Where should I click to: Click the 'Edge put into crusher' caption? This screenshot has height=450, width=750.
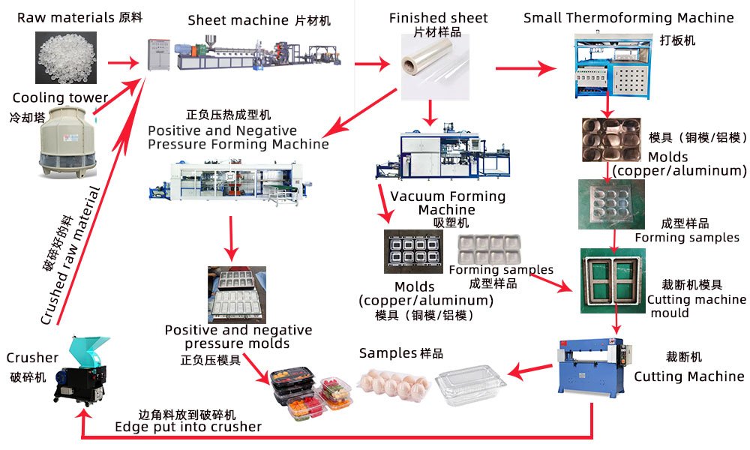click(x=187, y=427)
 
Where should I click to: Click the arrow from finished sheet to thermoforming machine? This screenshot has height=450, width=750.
click(x=524, y=69)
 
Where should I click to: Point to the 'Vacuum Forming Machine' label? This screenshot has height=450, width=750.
click(x=448, y=202)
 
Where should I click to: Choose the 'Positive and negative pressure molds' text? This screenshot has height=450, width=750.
click(x=238, y=337)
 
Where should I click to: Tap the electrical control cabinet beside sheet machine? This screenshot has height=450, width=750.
click(x=158, y=57)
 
